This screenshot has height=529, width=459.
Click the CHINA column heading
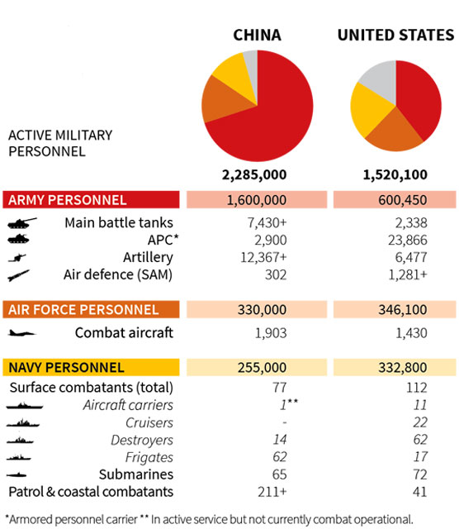tap(257, 35)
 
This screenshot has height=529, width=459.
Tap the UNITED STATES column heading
tap(395, 35)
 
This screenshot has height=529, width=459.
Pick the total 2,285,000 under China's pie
tap(254, 174)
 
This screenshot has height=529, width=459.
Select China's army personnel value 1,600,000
tap(257, 200)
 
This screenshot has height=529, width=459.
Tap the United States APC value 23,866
tap(408, 241)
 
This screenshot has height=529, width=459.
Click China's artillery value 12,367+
tap(263, 257)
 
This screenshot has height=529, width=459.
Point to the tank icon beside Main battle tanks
tap(22, 223)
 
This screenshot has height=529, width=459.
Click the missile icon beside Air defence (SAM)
tap(18, 275)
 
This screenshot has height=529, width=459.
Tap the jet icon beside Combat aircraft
tap(21, 333)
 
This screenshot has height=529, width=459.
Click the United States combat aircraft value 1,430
tap(411, 333)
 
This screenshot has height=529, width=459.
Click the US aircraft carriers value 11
tap(420, 405)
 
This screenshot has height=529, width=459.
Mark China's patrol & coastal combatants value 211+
tap(272, 492)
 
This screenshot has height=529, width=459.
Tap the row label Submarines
tap(136, 474)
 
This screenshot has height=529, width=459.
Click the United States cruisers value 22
tap(420, 422)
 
